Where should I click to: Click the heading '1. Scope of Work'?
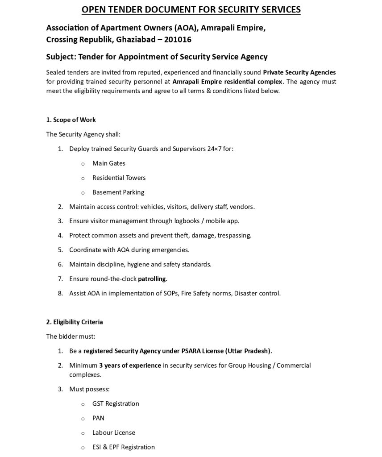(x=71, y=120)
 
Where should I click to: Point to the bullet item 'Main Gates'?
(x=108, y=163)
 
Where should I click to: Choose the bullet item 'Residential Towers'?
(x=119, y=178)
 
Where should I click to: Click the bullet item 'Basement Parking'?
(x=118, y=192)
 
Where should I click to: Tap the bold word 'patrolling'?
(x=152, y=279)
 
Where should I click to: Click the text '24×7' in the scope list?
(x=216, y=149)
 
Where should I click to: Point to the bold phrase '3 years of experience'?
(x=130, y=366)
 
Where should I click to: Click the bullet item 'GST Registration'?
(x=116, y=403)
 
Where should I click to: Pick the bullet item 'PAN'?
(x=98, y=418)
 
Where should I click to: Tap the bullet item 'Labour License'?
(x=113, y=432)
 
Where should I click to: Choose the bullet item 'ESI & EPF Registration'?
(x=124, y=447)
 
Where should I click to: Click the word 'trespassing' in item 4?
(x=234, y=235)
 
